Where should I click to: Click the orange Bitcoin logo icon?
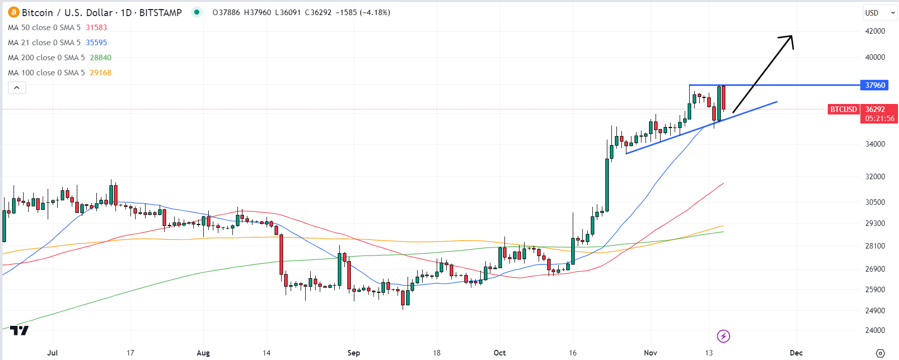[14, 12]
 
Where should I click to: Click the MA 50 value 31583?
[96, 28]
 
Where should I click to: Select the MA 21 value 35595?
[96, 43]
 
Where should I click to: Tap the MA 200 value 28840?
[100, 58]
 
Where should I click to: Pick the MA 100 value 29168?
[100, 73]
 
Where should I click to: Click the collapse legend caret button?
[17, 88]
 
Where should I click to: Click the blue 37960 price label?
[874, 85]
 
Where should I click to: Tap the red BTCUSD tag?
[843, 109]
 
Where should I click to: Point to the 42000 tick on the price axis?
[875, 31]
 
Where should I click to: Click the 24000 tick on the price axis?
[875, 330]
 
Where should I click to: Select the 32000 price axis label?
[875, 177]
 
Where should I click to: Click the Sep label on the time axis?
[353, 353]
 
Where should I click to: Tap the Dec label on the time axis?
[796, 353]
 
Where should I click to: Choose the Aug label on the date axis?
[203, 353]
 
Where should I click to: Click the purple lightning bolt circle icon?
[723, 336]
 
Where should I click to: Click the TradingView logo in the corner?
[20, 330]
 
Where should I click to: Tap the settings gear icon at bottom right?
[880, 353]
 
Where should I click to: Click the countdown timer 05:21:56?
[879, 118]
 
